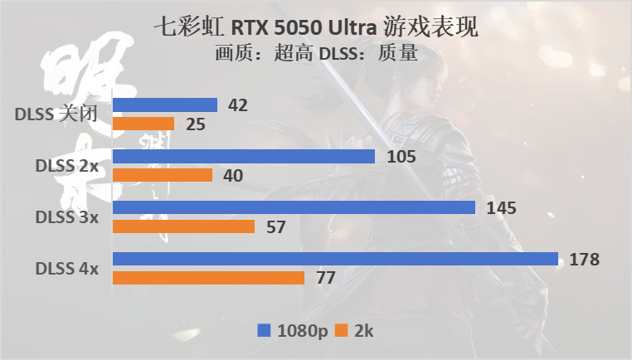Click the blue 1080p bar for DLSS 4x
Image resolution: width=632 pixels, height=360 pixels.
pyautogui.click(x=335, y=259)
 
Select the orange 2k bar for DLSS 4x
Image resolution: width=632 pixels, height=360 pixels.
pyautogui.click(x=208, y=278)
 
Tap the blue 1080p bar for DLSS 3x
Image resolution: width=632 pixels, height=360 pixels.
pyautogui.click(x=294, y=207)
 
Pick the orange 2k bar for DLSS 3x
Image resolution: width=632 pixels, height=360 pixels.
pyautogui.click(x=183, y=226)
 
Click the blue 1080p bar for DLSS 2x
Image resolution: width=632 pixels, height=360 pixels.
pyautogui.click(x=244, y=156)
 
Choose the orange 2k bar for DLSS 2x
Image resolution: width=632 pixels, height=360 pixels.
pyautogui.click(x=163, y=175)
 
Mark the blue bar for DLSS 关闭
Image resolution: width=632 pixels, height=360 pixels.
pyautogui.click(x=165, y=105)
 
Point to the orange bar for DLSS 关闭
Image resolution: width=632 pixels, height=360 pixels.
pyautogui.click(x=143, y=124)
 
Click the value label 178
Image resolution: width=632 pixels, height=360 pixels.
pyautogui.click(x=585, y=260)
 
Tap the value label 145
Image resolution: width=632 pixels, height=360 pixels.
pyautogui.click(x=502, y=208)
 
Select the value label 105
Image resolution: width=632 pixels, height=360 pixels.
pyautogui.click(x=401, y=157)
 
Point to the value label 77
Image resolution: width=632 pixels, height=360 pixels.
pyautogui.click(x=325, y=278)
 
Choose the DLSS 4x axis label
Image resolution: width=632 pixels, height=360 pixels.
pyautogui.click(x=67, y=269)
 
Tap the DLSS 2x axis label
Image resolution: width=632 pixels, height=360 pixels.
pyautogui.click(x=67, y=166)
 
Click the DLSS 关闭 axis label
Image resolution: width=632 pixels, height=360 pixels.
pyautogui.click(x=57, y=114)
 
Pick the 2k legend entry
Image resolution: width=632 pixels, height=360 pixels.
pyautogui.click(x=356, y=330)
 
